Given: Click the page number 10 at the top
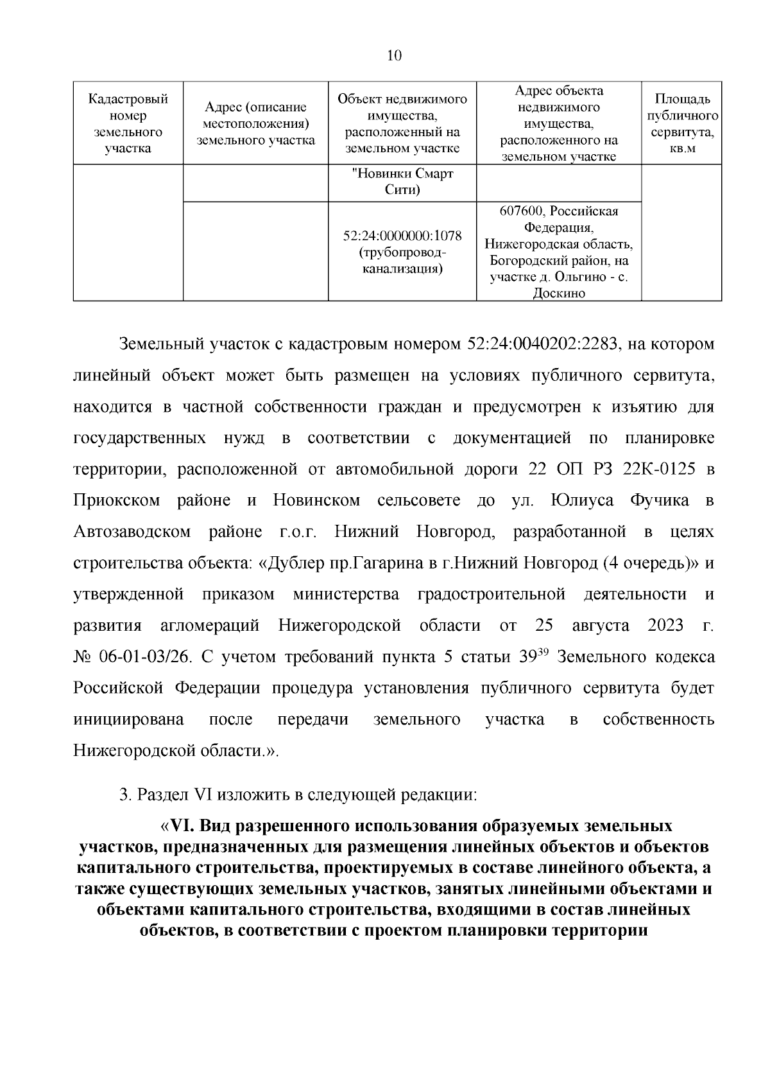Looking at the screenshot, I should click(x=394, y=55).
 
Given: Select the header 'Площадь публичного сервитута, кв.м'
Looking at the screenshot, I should click(x=681, y=123).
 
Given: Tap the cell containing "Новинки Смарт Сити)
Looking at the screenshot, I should click(x=402, y=182).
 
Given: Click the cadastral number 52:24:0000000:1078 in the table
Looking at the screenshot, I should click(x=402, y=236).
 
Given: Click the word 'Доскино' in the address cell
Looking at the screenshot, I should click(x=559, y=294).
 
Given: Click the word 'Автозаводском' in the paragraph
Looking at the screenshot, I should click(x=132, y=532).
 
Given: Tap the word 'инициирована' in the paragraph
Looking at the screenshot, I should click(x=129, y=719).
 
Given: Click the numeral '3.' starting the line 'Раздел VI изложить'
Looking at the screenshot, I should click(x=125, y=795).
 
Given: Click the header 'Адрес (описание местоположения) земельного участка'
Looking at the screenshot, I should click(x=255, y=123).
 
